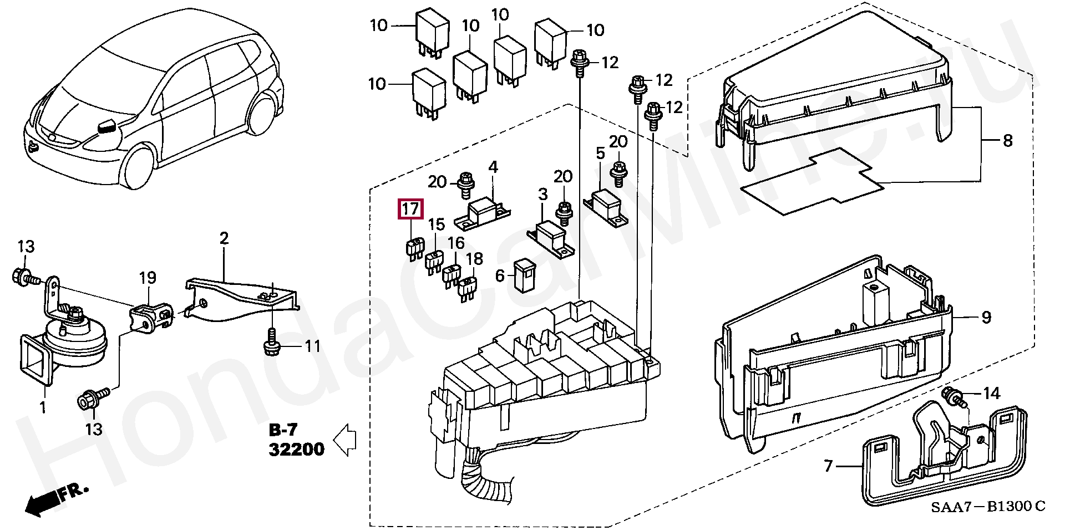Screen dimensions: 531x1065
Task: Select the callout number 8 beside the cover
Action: point(1007,140)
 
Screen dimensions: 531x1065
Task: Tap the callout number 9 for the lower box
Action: point(986,318)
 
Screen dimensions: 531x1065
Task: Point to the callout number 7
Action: point(828,466)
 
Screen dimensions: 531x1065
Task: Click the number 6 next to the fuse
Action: point(500,275)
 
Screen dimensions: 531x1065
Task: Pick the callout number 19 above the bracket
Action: point(148,278)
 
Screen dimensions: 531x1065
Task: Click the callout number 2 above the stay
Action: point(224,239)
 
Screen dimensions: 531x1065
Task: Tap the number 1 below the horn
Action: point(43,409)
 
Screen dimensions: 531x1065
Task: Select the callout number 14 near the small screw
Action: point(991,394)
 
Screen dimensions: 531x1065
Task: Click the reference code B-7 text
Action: point(283,430)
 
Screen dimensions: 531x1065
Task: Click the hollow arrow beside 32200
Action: point(344,439)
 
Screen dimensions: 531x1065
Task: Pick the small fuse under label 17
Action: point(412,248)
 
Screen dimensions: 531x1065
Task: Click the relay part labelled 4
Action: point(482,214)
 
